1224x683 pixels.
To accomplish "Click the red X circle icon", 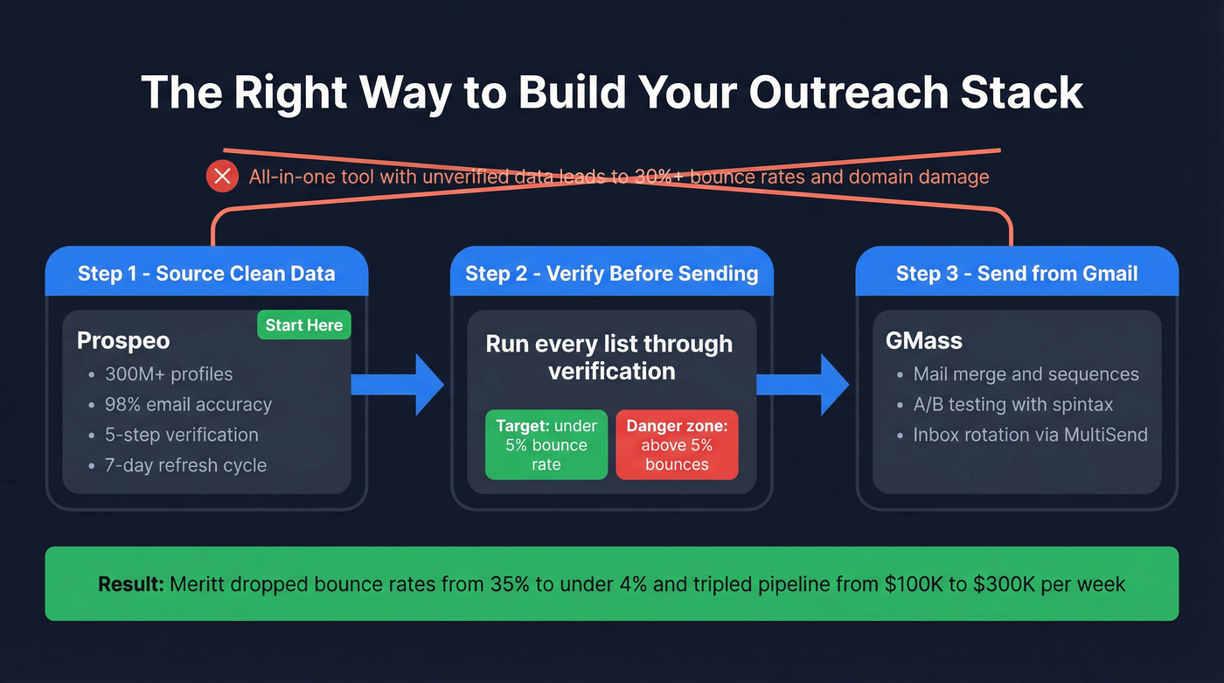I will point(222,177).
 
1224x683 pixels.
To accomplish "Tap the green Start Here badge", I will point(303,325).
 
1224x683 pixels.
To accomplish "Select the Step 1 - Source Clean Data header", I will point(206,273).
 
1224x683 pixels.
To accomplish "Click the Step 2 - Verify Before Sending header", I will point(611,273).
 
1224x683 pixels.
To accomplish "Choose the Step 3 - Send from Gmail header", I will point(1017,273).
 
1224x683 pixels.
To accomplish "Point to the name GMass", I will point(924,341).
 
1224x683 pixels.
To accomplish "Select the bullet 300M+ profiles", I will point(169,374).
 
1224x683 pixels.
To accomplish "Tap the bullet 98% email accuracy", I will point(188,405).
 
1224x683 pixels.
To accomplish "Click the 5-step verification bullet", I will point(181,435).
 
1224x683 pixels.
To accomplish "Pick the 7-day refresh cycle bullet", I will point(185,465).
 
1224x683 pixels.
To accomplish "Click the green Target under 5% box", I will point(546,445).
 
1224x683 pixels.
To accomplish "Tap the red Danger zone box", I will point(677,445).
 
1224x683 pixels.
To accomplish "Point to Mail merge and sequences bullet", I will point(1026,374).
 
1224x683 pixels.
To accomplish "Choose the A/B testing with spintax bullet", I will point(1012,405).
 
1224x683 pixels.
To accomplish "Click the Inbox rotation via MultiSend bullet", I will point(1030,435).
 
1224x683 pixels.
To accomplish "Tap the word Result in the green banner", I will point(130,584).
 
